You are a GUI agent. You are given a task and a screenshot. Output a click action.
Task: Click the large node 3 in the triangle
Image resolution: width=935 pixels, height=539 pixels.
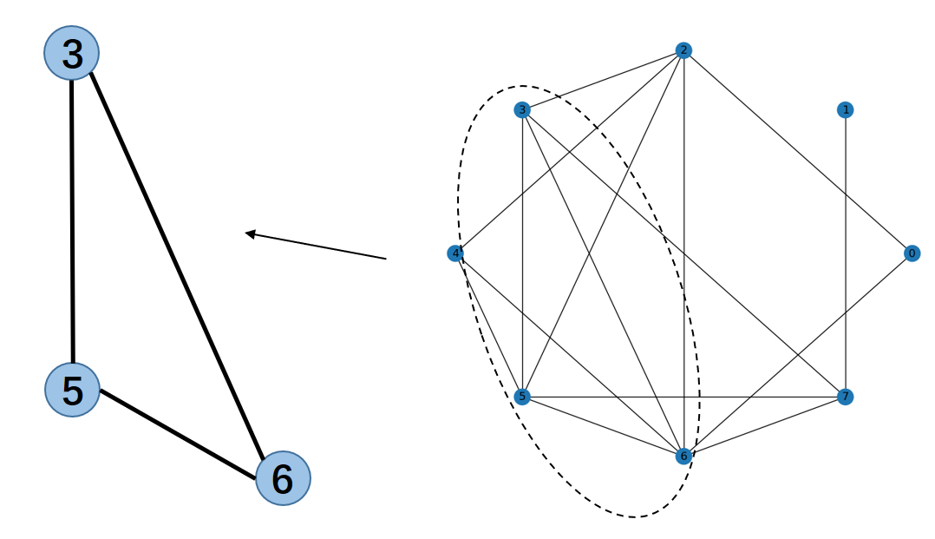click(72, 53)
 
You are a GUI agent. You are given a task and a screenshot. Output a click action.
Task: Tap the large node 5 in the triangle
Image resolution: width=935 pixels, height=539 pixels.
click(73, 390)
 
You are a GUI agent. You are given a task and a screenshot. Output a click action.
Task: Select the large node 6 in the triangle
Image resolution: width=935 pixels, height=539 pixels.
click(283, 478)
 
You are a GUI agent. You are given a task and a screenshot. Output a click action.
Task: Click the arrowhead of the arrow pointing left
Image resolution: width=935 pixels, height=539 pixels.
click(251, 233)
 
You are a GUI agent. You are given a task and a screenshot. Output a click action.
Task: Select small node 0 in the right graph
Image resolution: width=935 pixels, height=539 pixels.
click(912, 253)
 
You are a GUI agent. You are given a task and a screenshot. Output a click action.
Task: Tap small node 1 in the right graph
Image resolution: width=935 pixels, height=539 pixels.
click(845, 110)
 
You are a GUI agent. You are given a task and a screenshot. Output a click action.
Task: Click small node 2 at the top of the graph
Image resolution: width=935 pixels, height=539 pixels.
click(683, 50)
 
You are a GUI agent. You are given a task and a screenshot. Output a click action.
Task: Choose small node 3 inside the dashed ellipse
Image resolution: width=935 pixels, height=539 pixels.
click(522, 110)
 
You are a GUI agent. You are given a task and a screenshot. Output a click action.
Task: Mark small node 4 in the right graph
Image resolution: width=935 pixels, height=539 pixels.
click(454, 253)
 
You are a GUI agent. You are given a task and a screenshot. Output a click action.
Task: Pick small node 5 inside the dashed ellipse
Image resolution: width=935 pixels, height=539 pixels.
click(522, 397)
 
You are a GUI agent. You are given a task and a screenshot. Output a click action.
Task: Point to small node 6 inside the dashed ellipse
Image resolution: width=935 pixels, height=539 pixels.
click(683, 456)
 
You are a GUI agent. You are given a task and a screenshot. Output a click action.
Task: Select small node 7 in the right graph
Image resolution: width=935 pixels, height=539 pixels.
click(845, 397)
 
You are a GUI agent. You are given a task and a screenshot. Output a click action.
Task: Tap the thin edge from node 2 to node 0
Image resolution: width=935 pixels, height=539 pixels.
click(798, 152)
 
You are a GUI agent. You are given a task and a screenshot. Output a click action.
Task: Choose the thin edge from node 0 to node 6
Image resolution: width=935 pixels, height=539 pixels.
click(798, 354)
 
